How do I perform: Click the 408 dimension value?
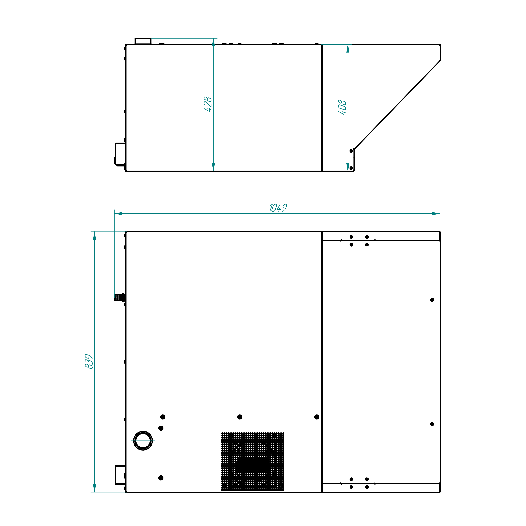tap(342, 107)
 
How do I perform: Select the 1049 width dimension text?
tap(278, 208)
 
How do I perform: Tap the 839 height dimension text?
tap(89, 361)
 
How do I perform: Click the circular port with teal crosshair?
tap(143, 441)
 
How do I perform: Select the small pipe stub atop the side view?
tap(143, 41)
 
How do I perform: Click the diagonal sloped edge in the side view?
tap(397, 105)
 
